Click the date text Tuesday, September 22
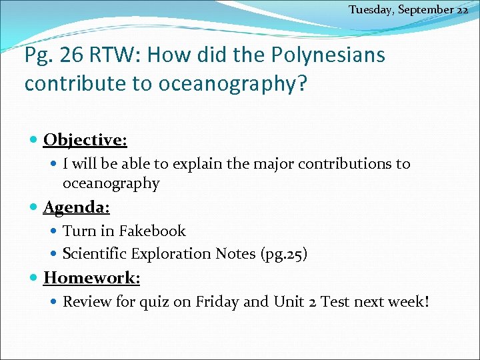pos(408,10)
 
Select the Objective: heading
pos(85,140)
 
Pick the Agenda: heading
pos(77,207)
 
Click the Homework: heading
pos(91,277)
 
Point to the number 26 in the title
pos(73,55)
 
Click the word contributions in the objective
pos(354,164)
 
